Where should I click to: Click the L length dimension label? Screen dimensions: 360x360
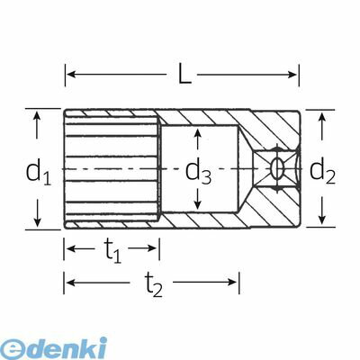(x=184, y=73)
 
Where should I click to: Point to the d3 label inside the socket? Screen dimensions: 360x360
(x=198, y=173)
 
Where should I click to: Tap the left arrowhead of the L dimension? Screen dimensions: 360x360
(x=70, y=74)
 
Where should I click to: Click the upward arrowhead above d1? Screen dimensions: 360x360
(x=37, y=116)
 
